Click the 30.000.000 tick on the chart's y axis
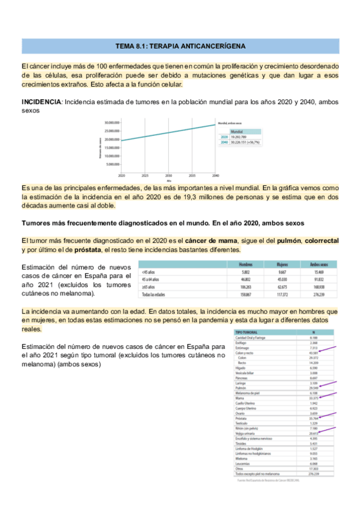(x=110, y=122)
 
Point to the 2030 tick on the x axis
(x=168, y=176)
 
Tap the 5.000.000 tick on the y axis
(x=111, y=164)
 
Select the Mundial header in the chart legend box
(x=236, y=131)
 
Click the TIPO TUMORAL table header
(x=248, y=332)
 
